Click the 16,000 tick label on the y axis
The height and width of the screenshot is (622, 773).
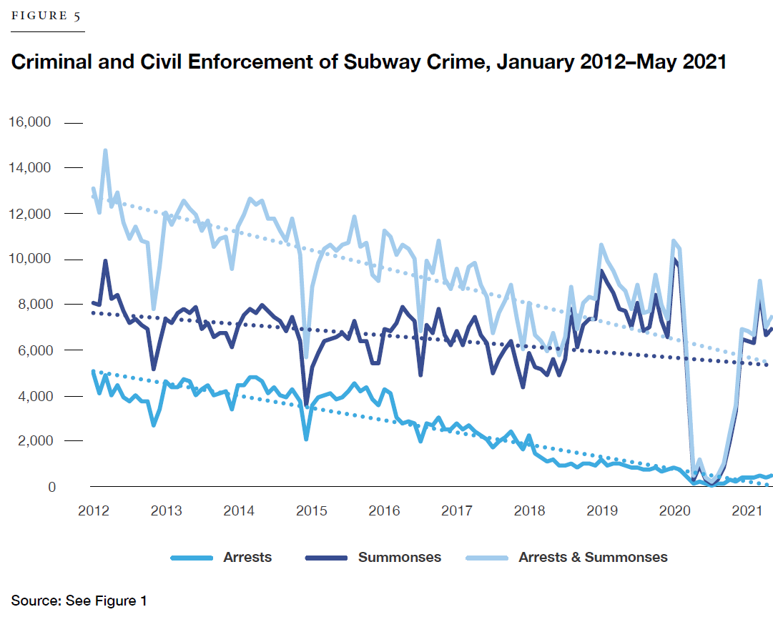point(29,122)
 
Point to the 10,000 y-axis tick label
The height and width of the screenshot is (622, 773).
point(29,260)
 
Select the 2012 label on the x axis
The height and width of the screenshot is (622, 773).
point(94,511)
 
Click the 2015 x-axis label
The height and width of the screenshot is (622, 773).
point(312,511)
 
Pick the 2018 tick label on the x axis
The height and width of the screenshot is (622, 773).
point(530,511)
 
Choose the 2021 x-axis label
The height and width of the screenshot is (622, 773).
point(748,511)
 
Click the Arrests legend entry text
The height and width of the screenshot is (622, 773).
point(247,558)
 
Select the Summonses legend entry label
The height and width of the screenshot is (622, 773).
point(400,558)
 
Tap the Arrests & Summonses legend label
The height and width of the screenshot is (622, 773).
point(593,558)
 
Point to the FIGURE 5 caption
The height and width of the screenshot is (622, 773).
point(46,17)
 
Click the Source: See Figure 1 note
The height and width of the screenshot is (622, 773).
point(79,601)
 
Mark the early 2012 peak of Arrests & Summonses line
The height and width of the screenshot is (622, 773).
point(105,151)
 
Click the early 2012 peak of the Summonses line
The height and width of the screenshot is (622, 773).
point(105,261)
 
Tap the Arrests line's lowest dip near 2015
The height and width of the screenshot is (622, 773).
point(306,438)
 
